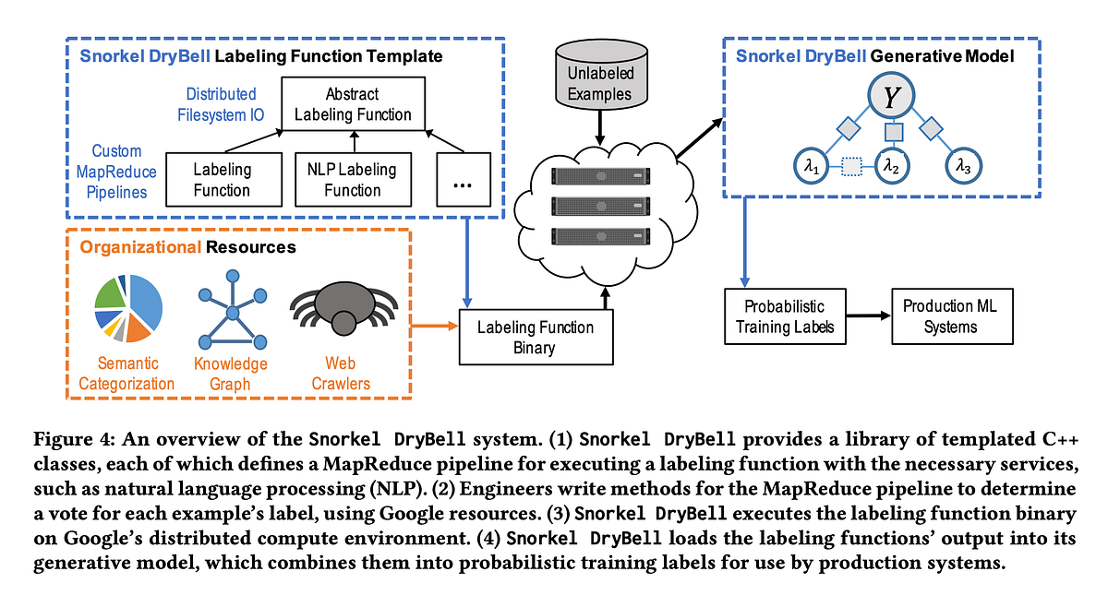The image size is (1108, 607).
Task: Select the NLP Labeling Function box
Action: (x=352, y=180)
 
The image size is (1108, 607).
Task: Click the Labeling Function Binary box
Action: (x=536, y=337)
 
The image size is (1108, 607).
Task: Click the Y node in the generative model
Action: (x=891, y=97)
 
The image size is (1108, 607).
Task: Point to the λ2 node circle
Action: (x=891, y=166)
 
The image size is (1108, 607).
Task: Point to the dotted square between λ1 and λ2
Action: (x=850, y=167)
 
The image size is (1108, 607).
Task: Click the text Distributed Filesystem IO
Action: (x=222, y=105)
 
